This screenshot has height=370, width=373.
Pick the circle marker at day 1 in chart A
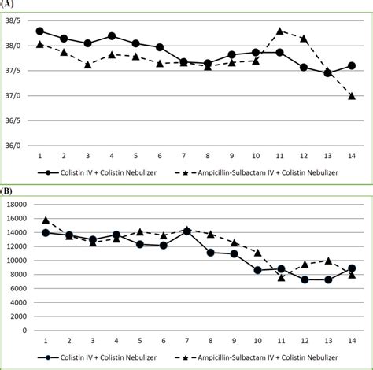click(x=40, y=31)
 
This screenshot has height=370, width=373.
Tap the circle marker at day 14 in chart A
click(x=352, y=65)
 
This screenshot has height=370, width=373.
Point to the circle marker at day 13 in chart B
click(x=327, y=279)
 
